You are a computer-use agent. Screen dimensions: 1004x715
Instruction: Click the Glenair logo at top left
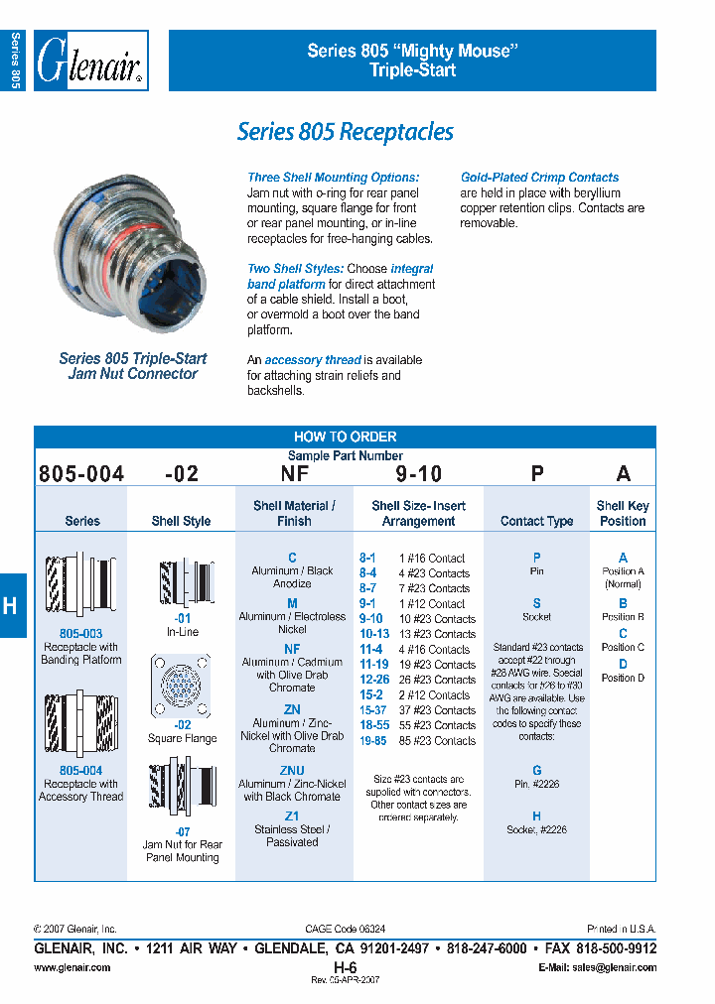point(91,61)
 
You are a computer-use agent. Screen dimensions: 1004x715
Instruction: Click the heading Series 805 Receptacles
point(345,132)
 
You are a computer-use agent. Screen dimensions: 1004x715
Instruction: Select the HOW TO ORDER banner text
point(345,437)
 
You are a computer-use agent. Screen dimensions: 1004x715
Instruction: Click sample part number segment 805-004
point(81,474)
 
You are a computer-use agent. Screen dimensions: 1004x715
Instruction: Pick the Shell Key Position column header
point(623,513)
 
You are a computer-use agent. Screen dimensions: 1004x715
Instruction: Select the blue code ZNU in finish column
point(292,771)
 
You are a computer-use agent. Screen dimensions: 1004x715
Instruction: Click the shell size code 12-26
point(373,680)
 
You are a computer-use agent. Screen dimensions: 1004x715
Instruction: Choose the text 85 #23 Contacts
point(437,740)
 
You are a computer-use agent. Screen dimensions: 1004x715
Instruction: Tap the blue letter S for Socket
point(536,603)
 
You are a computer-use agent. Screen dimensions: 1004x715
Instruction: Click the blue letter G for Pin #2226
point(536,770)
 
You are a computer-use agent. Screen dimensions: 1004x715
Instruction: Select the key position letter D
point(623,664)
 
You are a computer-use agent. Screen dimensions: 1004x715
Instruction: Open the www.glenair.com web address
point(72,967)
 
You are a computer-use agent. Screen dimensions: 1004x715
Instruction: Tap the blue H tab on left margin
point(10,605)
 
